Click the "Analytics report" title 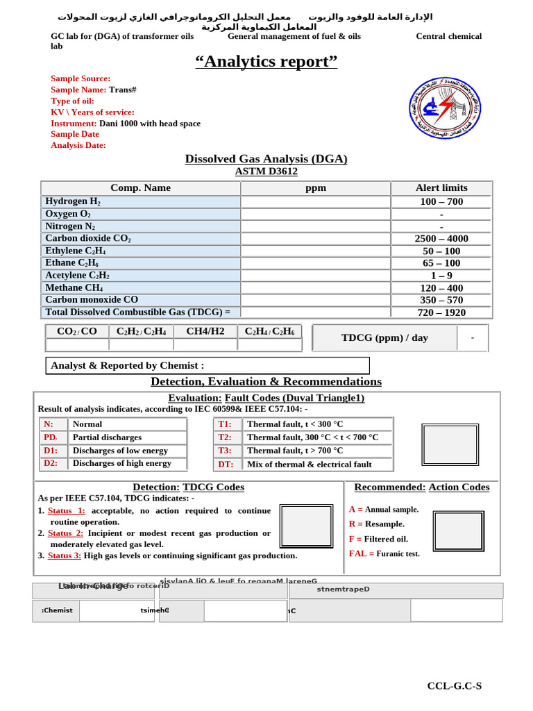[266, 62]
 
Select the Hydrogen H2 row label [73, 201]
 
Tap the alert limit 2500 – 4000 [441, 239]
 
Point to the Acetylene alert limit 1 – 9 [441, 276]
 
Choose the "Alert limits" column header [441, 188]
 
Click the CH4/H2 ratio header [205, 331]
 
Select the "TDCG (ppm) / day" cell [384, 338]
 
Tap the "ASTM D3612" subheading [266, 172]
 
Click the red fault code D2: [51, 463]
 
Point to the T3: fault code [225, 451]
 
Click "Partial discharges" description [107, 437]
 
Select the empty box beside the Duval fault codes [450, 444]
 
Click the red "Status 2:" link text [65, 533]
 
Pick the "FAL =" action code [361, 554]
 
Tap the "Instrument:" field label [74, 124]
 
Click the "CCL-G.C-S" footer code [454, 686]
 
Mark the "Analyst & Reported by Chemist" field [128, 366]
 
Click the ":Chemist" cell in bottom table [57, 611]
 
